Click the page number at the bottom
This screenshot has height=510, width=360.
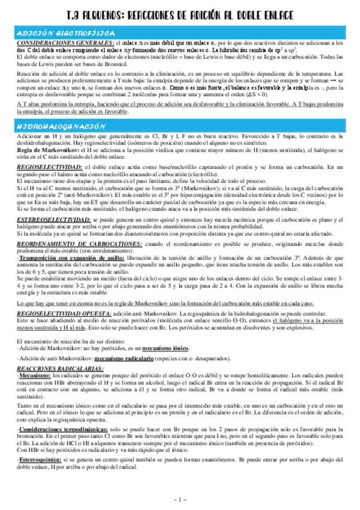coord(180,500)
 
